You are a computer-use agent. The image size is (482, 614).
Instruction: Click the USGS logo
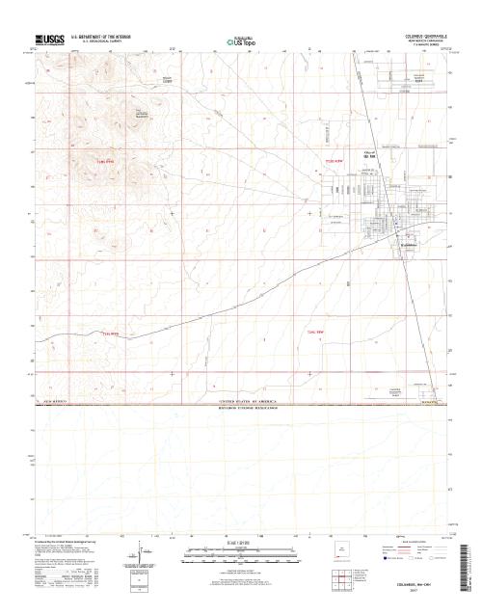[49, 40]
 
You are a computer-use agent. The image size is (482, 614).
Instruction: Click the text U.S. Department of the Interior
[105, 36]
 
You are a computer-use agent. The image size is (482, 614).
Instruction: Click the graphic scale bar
[228, 552]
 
